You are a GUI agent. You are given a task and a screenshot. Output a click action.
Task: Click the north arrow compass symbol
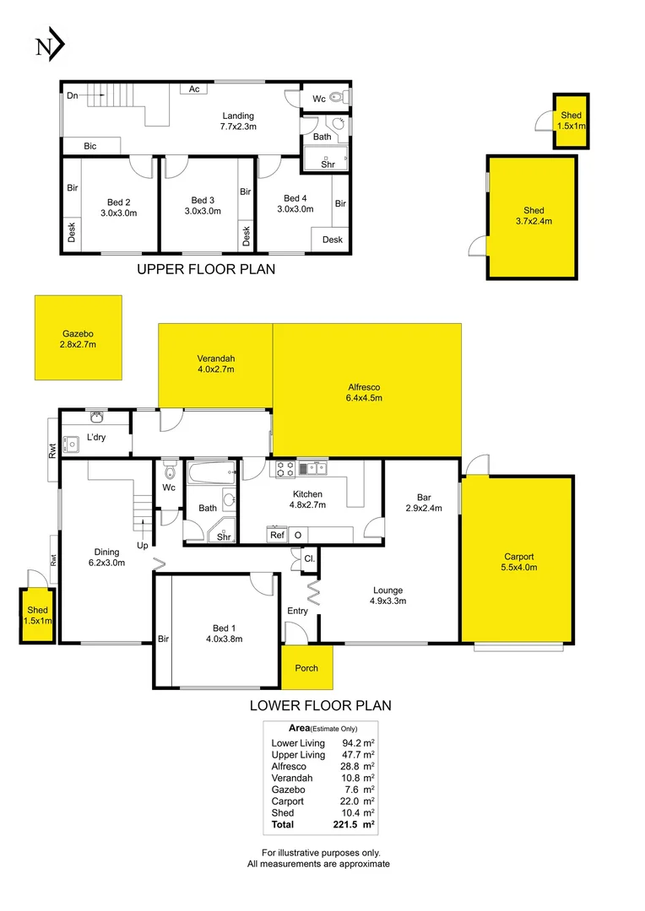[50, 46]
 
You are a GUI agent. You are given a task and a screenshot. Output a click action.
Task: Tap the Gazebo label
[78, 338]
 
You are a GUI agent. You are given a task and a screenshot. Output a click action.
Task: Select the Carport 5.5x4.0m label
[519, 562]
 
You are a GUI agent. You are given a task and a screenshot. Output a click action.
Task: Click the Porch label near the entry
[306, 668]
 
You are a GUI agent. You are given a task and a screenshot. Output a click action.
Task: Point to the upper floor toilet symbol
[337, 99]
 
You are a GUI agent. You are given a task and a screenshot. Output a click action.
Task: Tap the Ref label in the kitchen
[277, 535]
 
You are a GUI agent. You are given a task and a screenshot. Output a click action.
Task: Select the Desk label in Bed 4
[333, 240]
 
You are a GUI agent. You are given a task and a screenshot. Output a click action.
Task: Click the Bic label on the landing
[90, 146]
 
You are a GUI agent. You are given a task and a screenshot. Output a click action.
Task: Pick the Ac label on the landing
[193, 89]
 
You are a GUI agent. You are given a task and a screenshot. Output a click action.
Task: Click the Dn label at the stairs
[73, 95]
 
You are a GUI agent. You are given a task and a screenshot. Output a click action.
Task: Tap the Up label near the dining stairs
[144, 546]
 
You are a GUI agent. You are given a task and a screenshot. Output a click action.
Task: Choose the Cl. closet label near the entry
[309, 558]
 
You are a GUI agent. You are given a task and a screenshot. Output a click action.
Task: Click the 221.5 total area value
[354, 824]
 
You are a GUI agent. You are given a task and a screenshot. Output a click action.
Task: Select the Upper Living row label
[298, 755]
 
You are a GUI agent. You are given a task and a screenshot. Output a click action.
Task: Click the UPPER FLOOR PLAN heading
[206, 270]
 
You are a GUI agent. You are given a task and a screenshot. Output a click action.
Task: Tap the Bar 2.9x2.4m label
[423, 502]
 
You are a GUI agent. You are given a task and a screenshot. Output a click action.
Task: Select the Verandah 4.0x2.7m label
[215, 364]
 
